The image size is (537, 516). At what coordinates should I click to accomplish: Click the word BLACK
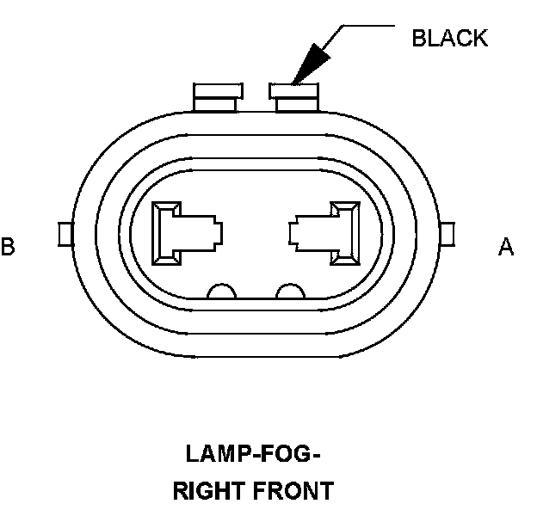point(449,38)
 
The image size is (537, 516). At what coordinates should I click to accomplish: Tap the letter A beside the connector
point(506,248)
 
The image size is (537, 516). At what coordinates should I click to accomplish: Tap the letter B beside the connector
point(8,248)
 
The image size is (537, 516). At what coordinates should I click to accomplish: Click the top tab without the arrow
point(214,96)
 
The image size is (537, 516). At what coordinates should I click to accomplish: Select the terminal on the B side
point(185,233)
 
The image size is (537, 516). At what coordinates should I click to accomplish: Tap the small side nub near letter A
point(446,234)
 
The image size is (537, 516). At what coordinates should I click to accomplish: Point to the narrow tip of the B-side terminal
point(215,233)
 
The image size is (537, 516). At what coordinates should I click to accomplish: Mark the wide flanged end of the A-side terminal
point(347,233)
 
